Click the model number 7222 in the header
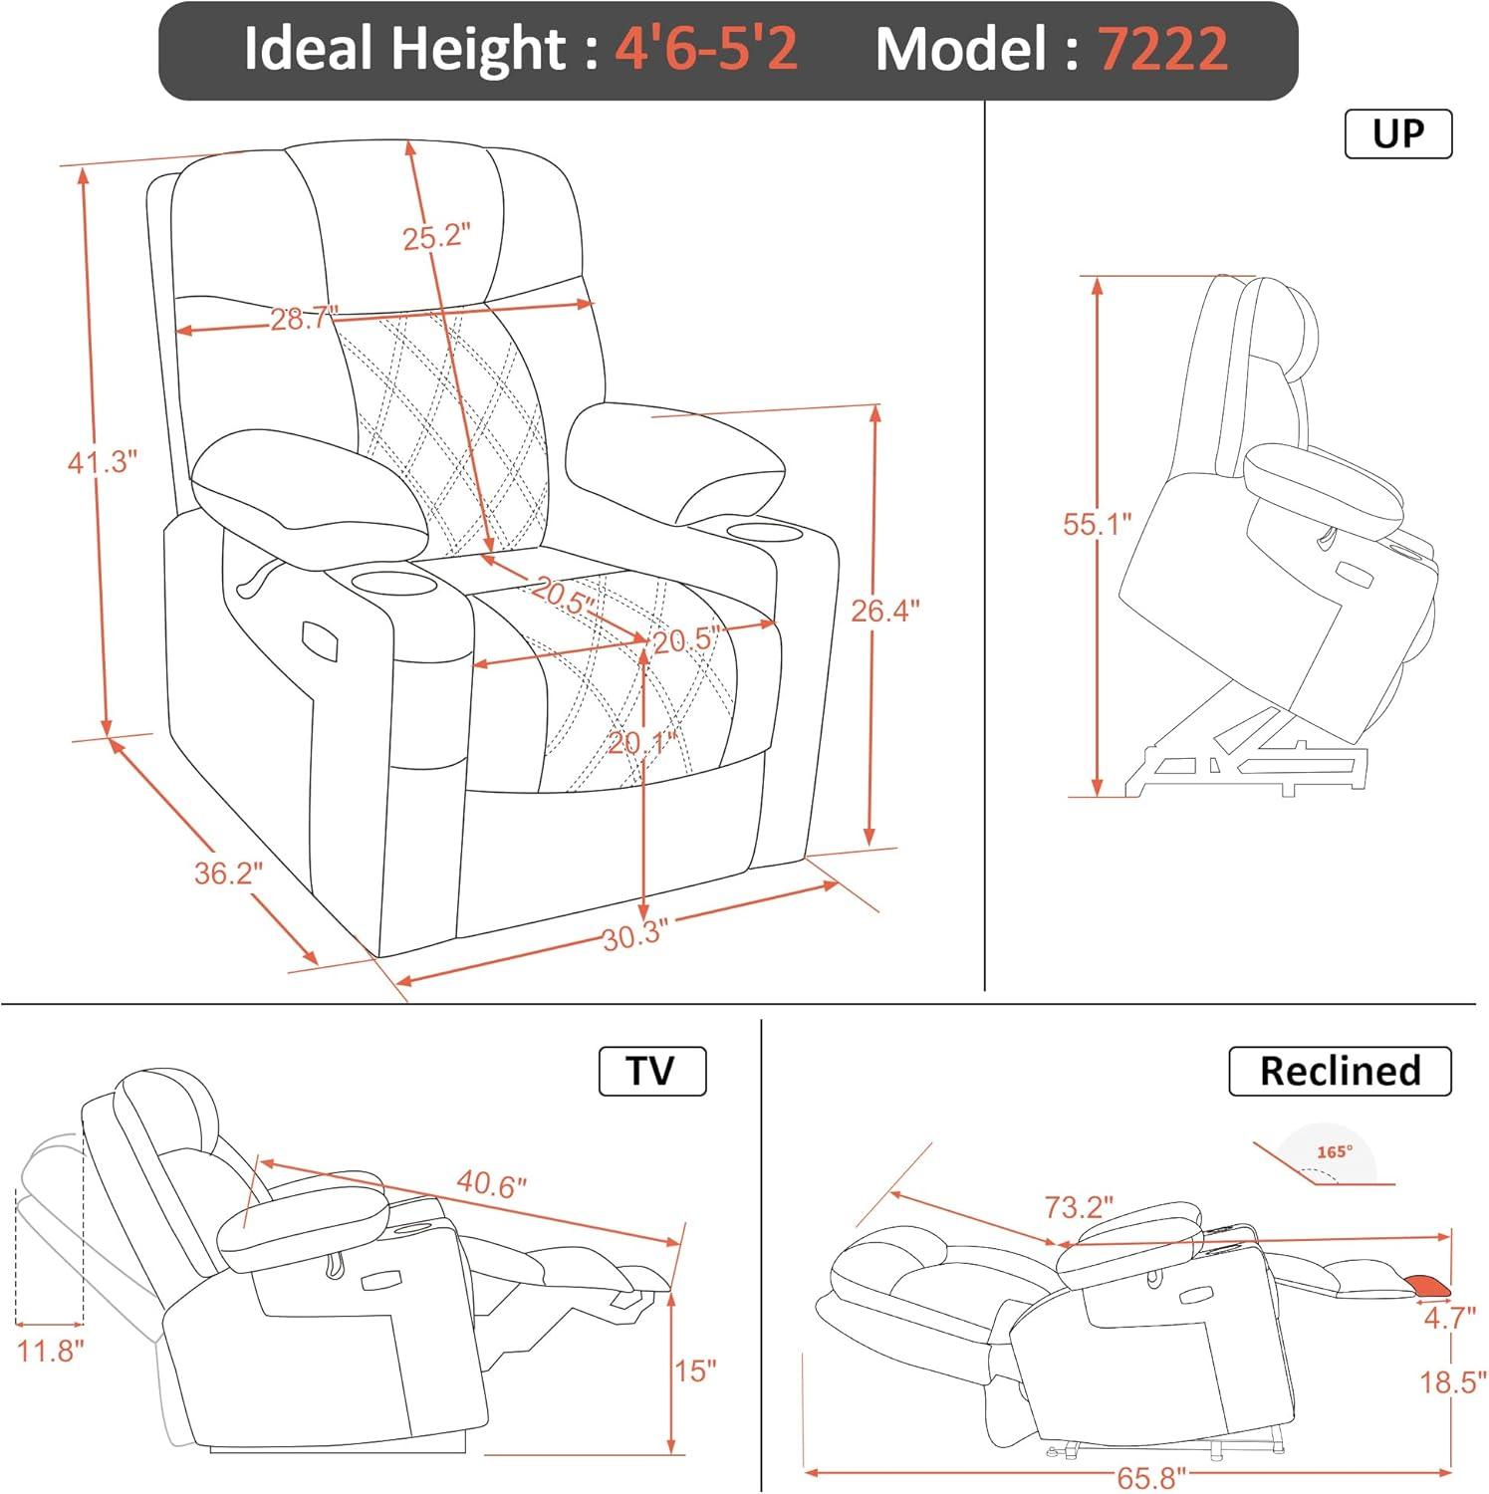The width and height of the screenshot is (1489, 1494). pyautogui.click(x=1163, y=49)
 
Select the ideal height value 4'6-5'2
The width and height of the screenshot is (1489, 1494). pyautogui.click(x=706, y=49)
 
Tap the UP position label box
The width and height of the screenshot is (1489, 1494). pyautogui.click(x=1397, y=134)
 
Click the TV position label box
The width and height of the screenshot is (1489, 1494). pyautogui.click(x=651, y=1072)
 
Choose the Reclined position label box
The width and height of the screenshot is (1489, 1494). pyautogui.click(x=1340, y=1072)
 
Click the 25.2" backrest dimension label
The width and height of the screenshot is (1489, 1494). pyautogui.click(x=435, y=237)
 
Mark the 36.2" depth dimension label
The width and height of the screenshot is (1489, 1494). pyautogui.click(x=228, y=873)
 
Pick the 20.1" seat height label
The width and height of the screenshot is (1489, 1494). pyautogui.click(x=642, y=743)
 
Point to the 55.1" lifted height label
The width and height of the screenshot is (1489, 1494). pyautogui.click(x=1098, y=525)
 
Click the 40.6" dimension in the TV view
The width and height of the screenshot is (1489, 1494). pyautogui.click(x=491, y=1184)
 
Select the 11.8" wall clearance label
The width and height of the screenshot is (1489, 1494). pyautogui.click(x=50, y=1353)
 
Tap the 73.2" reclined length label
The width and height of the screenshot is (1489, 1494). pyautogui.click(x=1079, y=1208)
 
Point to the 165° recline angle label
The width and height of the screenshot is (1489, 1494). pyautogui.click(x=1335, y=1152)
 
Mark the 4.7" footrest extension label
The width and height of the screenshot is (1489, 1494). pyautogui.click(x=1449, y=1319)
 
